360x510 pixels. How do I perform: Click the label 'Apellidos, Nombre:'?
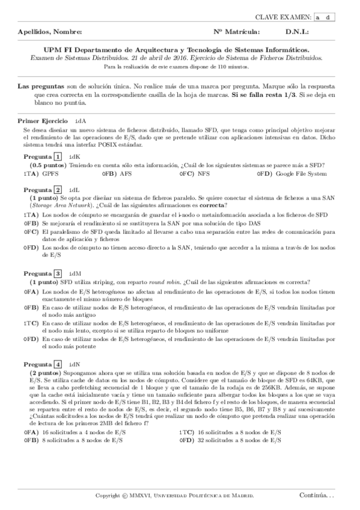(50, 32)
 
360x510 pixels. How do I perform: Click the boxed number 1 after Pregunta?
(58, 157)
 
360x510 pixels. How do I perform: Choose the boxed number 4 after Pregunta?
(58, 364)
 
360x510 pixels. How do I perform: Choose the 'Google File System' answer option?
(301, 174)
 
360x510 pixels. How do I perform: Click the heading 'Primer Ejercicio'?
(43, 121)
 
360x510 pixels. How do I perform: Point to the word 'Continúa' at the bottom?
(313, 495)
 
